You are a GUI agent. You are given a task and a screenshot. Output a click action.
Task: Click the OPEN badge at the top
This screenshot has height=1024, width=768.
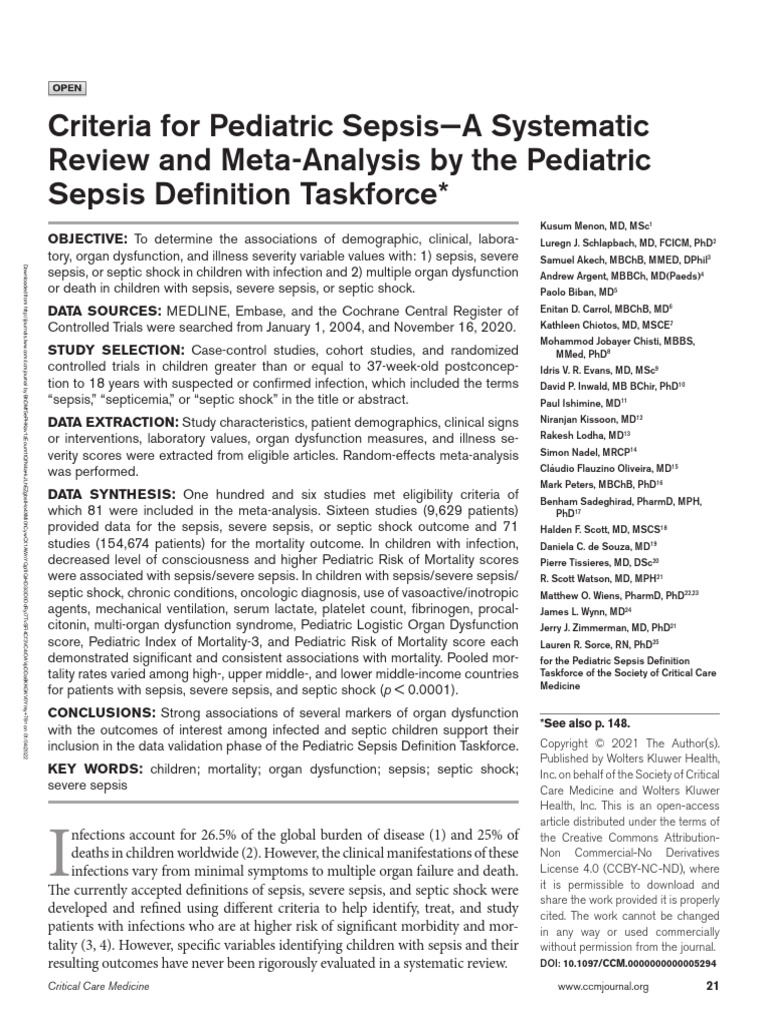[x=66, y=89]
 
